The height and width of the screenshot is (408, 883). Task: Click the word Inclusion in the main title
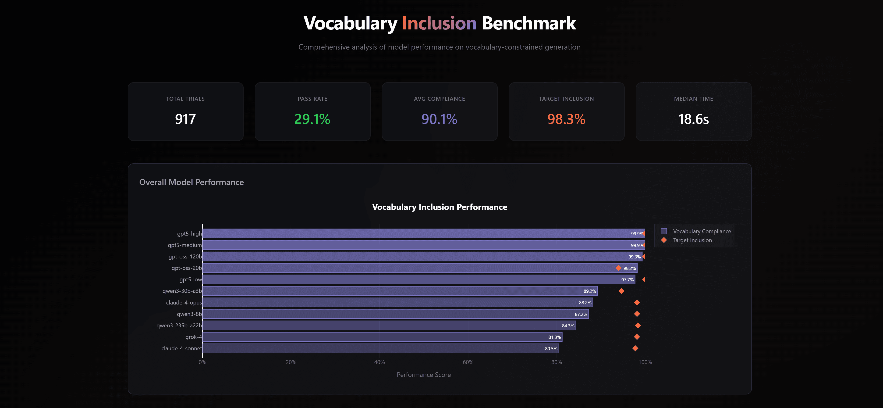coord(439,23)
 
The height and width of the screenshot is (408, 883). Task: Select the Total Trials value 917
coord(185,119)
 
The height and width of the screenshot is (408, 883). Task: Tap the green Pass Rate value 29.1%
coord(312,119)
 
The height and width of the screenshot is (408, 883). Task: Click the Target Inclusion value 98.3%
coord(566,119)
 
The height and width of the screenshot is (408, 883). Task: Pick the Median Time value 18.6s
coord(693,119)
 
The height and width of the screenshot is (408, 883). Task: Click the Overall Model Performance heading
coord(191,182)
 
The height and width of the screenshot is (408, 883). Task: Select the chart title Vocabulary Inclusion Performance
coord(440,207)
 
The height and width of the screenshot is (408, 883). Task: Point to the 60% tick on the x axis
coord(468,362)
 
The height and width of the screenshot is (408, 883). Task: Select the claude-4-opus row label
coord(184,302)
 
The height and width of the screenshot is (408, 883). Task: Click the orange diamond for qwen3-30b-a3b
coord(621,291)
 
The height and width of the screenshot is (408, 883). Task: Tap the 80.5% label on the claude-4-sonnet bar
coord(551,349)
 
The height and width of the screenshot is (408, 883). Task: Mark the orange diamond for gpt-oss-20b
coord(618,268)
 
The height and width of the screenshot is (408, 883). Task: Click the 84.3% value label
coord(568,326)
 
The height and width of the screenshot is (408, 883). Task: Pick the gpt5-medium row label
coord(184,245)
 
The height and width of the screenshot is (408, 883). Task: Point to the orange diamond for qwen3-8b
coord(637,314)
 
